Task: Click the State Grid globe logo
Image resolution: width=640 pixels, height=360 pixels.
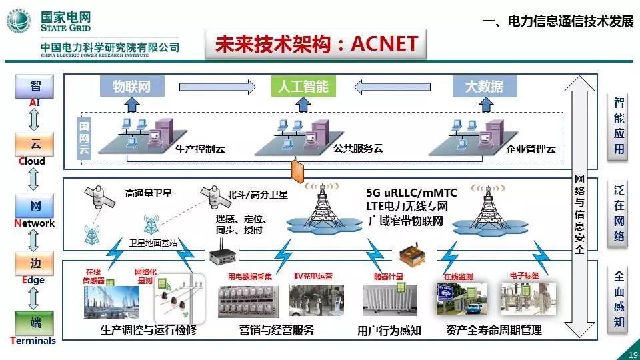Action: click(x=19, y=21)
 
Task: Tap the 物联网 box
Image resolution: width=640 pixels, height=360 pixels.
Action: click(x=131, y=86)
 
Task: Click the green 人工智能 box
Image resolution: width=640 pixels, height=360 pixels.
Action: click(x=303, y=86)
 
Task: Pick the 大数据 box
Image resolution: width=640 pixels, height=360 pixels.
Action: click(x=484, y=86)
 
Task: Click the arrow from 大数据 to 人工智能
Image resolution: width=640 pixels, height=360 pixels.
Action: click(x=393, y=86)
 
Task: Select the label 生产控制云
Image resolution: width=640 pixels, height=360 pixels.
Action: click(x=200, y=149)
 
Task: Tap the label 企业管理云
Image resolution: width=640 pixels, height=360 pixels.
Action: click(x=531, y=149)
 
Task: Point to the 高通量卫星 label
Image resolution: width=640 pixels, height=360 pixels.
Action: click(x=149, y=194)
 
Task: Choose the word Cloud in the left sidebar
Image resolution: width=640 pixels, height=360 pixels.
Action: click(x=31, y=161)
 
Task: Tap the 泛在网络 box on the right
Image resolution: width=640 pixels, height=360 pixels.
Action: click(x=619, y=213)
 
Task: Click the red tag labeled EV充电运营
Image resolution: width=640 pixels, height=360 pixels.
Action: click(x=313, y=275)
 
